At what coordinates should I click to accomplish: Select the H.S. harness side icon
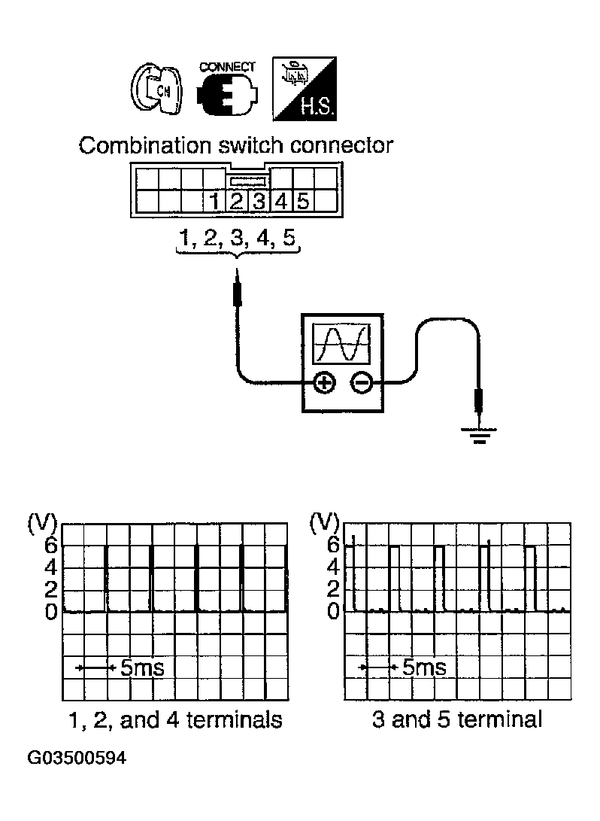pos(305,89)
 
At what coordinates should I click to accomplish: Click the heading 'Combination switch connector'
pos(236,145)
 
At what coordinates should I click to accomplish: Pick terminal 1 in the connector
pos(215,202)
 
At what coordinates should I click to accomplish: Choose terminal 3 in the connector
pos(259,202)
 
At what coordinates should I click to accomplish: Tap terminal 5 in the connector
pos(303,202)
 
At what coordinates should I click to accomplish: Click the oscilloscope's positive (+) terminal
pos(324,383)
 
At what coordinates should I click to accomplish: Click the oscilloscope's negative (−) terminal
pos(362,383)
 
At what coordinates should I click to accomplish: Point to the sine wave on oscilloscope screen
pos(343,343)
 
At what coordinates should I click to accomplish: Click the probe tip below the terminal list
pos(238,290)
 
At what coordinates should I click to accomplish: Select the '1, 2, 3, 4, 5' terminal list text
pos(238,239)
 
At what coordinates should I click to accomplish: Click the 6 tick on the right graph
pos(332,545)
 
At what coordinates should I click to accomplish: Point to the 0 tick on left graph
pos(50,613)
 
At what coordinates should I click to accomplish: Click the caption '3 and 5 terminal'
pos(457,720)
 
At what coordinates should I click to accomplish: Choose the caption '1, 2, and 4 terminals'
pos(175,720)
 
